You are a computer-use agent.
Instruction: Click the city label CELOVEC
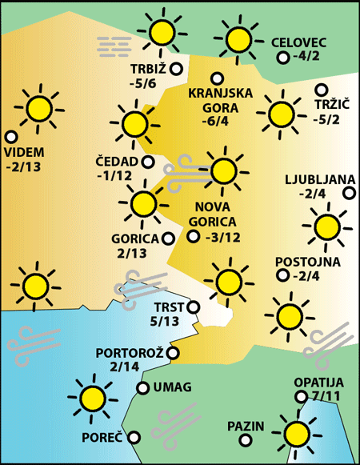[299, 42]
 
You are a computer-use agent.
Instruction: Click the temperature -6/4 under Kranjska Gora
[215, 121]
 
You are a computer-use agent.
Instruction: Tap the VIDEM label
[24, 152]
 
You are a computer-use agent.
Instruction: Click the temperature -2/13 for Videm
[24, 167]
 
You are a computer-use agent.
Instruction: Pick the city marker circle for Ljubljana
[349, 192]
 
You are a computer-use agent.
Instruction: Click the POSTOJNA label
[307, 262]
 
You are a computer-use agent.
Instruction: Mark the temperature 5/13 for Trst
[165, 322]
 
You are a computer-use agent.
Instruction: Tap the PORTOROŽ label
[129, 352]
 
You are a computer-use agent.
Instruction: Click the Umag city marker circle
[142, 388]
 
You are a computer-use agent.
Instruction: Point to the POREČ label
[102, 438]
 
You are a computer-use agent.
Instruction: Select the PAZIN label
[245, 425]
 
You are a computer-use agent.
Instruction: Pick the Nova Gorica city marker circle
[192, 236]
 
